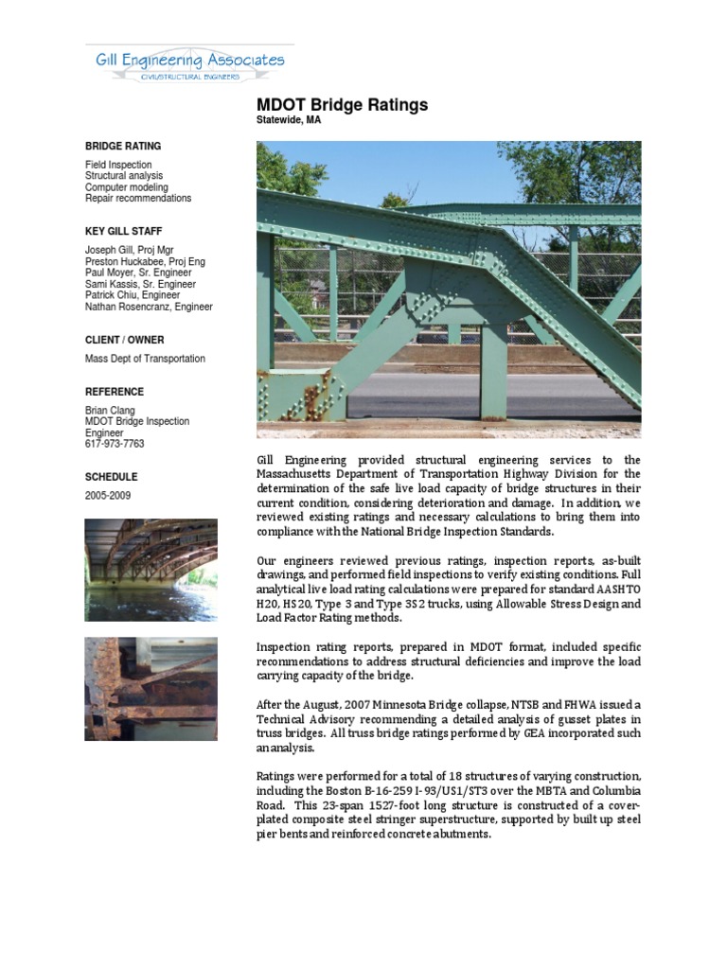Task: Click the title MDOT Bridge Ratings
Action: [342, 105]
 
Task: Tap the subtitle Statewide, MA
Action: [289, 121]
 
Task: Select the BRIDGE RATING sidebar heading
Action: [123, 147]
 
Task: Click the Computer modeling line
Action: [127, 187]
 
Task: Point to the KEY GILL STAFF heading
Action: [124, 231]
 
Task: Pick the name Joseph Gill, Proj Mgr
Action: [130, 251]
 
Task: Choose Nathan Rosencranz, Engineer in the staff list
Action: [149, 308]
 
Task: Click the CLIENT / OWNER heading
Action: [124, 340]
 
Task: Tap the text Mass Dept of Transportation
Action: [145, 360]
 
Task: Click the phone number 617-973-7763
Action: [115, 444]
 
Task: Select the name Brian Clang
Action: [110, 411]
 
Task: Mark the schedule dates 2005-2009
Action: [108, 496]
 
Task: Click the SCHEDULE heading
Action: [111, 477]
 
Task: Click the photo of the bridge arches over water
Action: [151, 570]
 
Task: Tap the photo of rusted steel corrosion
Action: [151, 688]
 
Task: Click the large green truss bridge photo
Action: [449, 289]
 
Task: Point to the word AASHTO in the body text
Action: [617, 590]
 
